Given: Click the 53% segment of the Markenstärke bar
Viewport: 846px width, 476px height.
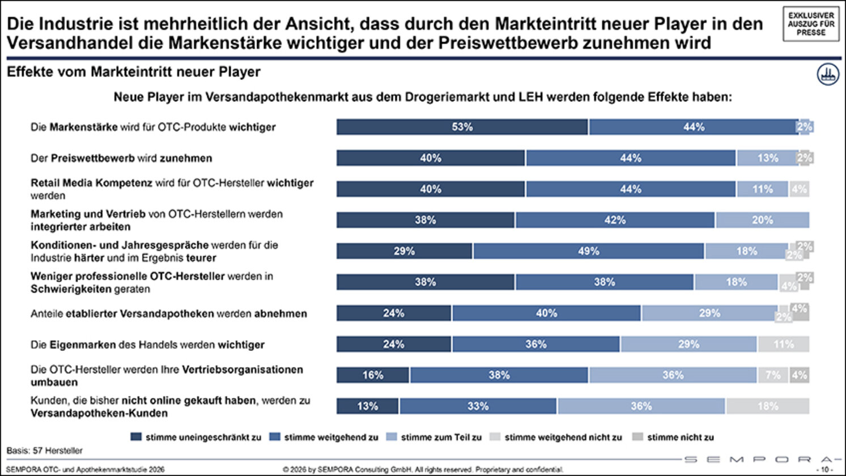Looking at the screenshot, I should (462, 127).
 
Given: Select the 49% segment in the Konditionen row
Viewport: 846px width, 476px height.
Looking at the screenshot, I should (588, 251).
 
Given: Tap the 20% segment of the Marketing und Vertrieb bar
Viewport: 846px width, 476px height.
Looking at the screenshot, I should (762, 220).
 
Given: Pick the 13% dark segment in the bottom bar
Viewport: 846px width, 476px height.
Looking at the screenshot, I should (368, 406).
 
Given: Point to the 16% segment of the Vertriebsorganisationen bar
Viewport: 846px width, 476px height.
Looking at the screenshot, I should (373, 375).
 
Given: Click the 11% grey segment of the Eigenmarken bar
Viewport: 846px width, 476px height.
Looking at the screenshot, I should (783, 344).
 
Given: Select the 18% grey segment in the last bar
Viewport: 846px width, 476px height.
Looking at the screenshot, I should (767, 406).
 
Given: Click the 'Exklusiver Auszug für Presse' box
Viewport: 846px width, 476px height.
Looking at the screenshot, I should (811, 24).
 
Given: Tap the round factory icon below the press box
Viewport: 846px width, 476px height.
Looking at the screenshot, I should (828, 74).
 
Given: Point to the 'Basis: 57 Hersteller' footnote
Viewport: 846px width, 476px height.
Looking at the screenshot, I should (45, 451).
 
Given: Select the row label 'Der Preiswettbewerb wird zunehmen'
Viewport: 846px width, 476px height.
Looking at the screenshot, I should (121, 158).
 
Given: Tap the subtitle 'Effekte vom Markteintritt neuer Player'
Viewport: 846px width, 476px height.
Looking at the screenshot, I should (134, 72).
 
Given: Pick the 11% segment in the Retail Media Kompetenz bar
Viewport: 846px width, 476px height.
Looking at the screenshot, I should (762, 189).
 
